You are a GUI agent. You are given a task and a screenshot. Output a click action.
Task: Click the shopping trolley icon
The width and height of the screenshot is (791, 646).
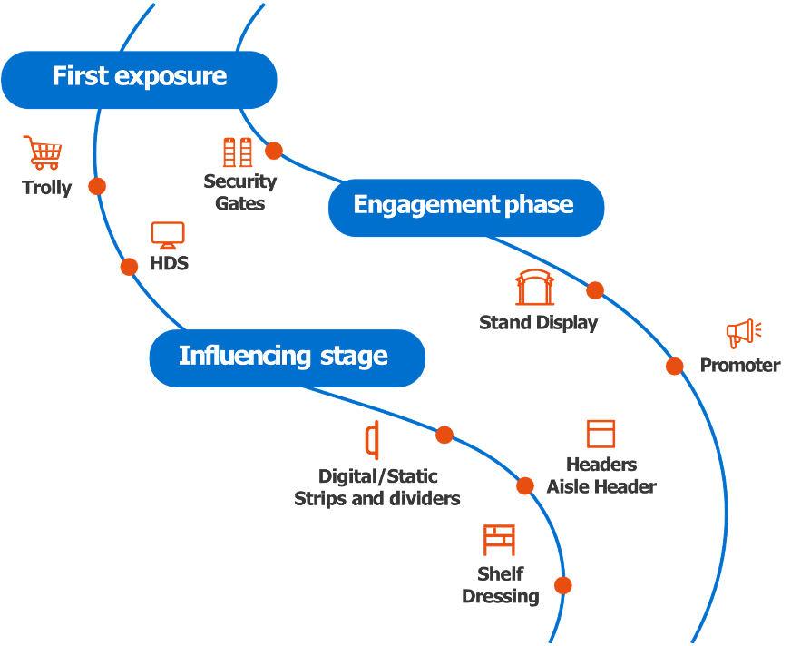[x=44, y=152]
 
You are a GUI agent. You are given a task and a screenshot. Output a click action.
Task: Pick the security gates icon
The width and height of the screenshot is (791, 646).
[x=238, y=152]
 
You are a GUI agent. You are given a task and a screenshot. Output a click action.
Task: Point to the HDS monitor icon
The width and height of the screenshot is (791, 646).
[x=168, y=235]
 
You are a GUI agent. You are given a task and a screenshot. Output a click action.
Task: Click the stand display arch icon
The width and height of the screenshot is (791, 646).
[x=534, y=288]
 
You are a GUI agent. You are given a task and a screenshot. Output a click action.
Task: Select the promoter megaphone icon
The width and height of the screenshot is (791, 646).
[x=743, y=334]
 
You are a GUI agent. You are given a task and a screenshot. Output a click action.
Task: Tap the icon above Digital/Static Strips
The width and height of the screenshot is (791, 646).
[x=371, y=441]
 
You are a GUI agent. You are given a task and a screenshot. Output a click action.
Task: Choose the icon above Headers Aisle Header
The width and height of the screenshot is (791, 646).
[x=601, y=434]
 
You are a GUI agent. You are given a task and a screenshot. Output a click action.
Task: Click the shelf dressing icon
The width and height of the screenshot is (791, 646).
[x=499, y=540]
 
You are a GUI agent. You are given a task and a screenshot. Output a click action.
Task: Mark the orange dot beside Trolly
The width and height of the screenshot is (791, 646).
[x=97, y=186]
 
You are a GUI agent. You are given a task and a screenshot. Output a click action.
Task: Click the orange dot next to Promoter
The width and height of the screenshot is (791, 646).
[x=675, y=366]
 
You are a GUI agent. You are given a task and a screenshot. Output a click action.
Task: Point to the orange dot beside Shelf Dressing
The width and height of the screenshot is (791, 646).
[x=563, y=585]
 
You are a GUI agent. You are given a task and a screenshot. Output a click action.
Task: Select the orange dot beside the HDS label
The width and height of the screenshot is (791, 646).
[x=130, y=266]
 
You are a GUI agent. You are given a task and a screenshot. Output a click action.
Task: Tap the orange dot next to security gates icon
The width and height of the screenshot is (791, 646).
[x=274, y=151]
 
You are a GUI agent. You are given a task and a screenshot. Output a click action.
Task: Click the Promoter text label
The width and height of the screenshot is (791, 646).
[x=739, y=366]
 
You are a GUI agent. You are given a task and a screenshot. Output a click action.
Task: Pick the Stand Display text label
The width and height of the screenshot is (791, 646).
[x=538, y=323]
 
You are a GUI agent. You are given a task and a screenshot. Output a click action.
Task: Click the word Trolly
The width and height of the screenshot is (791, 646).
[x=46, y=189]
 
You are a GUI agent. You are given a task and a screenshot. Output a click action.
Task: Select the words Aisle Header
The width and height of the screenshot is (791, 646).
[x=601, y=487]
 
